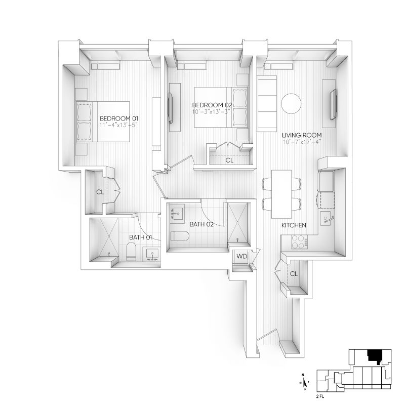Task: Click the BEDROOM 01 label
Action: tap(119, 118)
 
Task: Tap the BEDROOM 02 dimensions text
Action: tap(211, 112)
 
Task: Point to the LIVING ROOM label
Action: tap(302, 135)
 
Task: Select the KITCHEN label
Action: tap(294, 225)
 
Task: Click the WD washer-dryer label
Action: tap(242, 256)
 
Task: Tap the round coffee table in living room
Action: tap(291, 103)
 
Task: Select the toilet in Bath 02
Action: tap(180, 236)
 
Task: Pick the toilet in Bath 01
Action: tap(131, 251)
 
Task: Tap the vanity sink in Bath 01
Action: tap(152, 255)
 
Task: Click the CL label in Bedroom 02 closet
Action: tap(229, 160)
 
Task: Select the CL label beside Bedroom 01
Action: tap(100, 192)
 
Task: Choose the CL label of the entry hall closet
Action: tap(294, 273)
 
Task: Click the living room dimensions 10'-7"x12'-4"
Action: tap(302, 142)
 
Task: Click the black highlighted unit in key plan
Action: tap(375, 356)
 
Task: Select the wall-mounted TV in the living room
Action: tap(334, 104)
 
